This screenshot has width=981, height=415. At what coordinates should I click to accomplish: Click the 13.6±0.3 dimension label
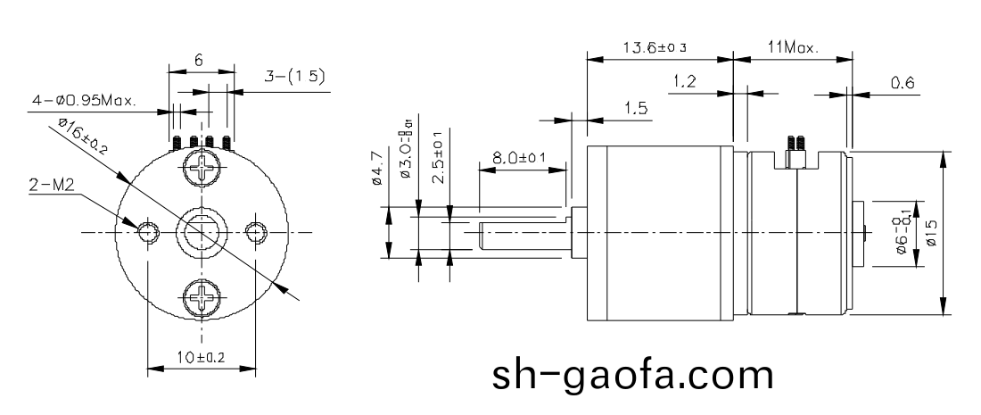[658, 47]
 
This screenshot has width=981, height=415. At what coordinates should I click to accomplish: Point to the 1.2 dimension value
[684, 82]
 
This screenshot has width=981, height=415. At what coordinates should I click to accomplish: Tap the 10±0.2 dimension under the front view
[201, 357]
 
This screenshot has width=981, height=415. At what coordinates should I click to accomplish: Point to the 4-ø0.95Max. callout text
[84, 101]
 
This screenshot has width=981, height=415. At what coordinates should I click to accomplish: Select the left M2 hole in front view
[146, 232]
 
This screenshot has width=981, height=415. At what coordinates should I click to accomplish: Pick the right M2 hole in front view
[256, 232]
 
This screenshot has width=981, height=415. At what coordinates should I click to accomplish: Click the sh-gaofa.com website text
[634, 375]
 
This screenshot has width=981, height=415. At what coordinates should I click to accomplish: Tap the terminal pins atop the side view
[793, 141]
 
